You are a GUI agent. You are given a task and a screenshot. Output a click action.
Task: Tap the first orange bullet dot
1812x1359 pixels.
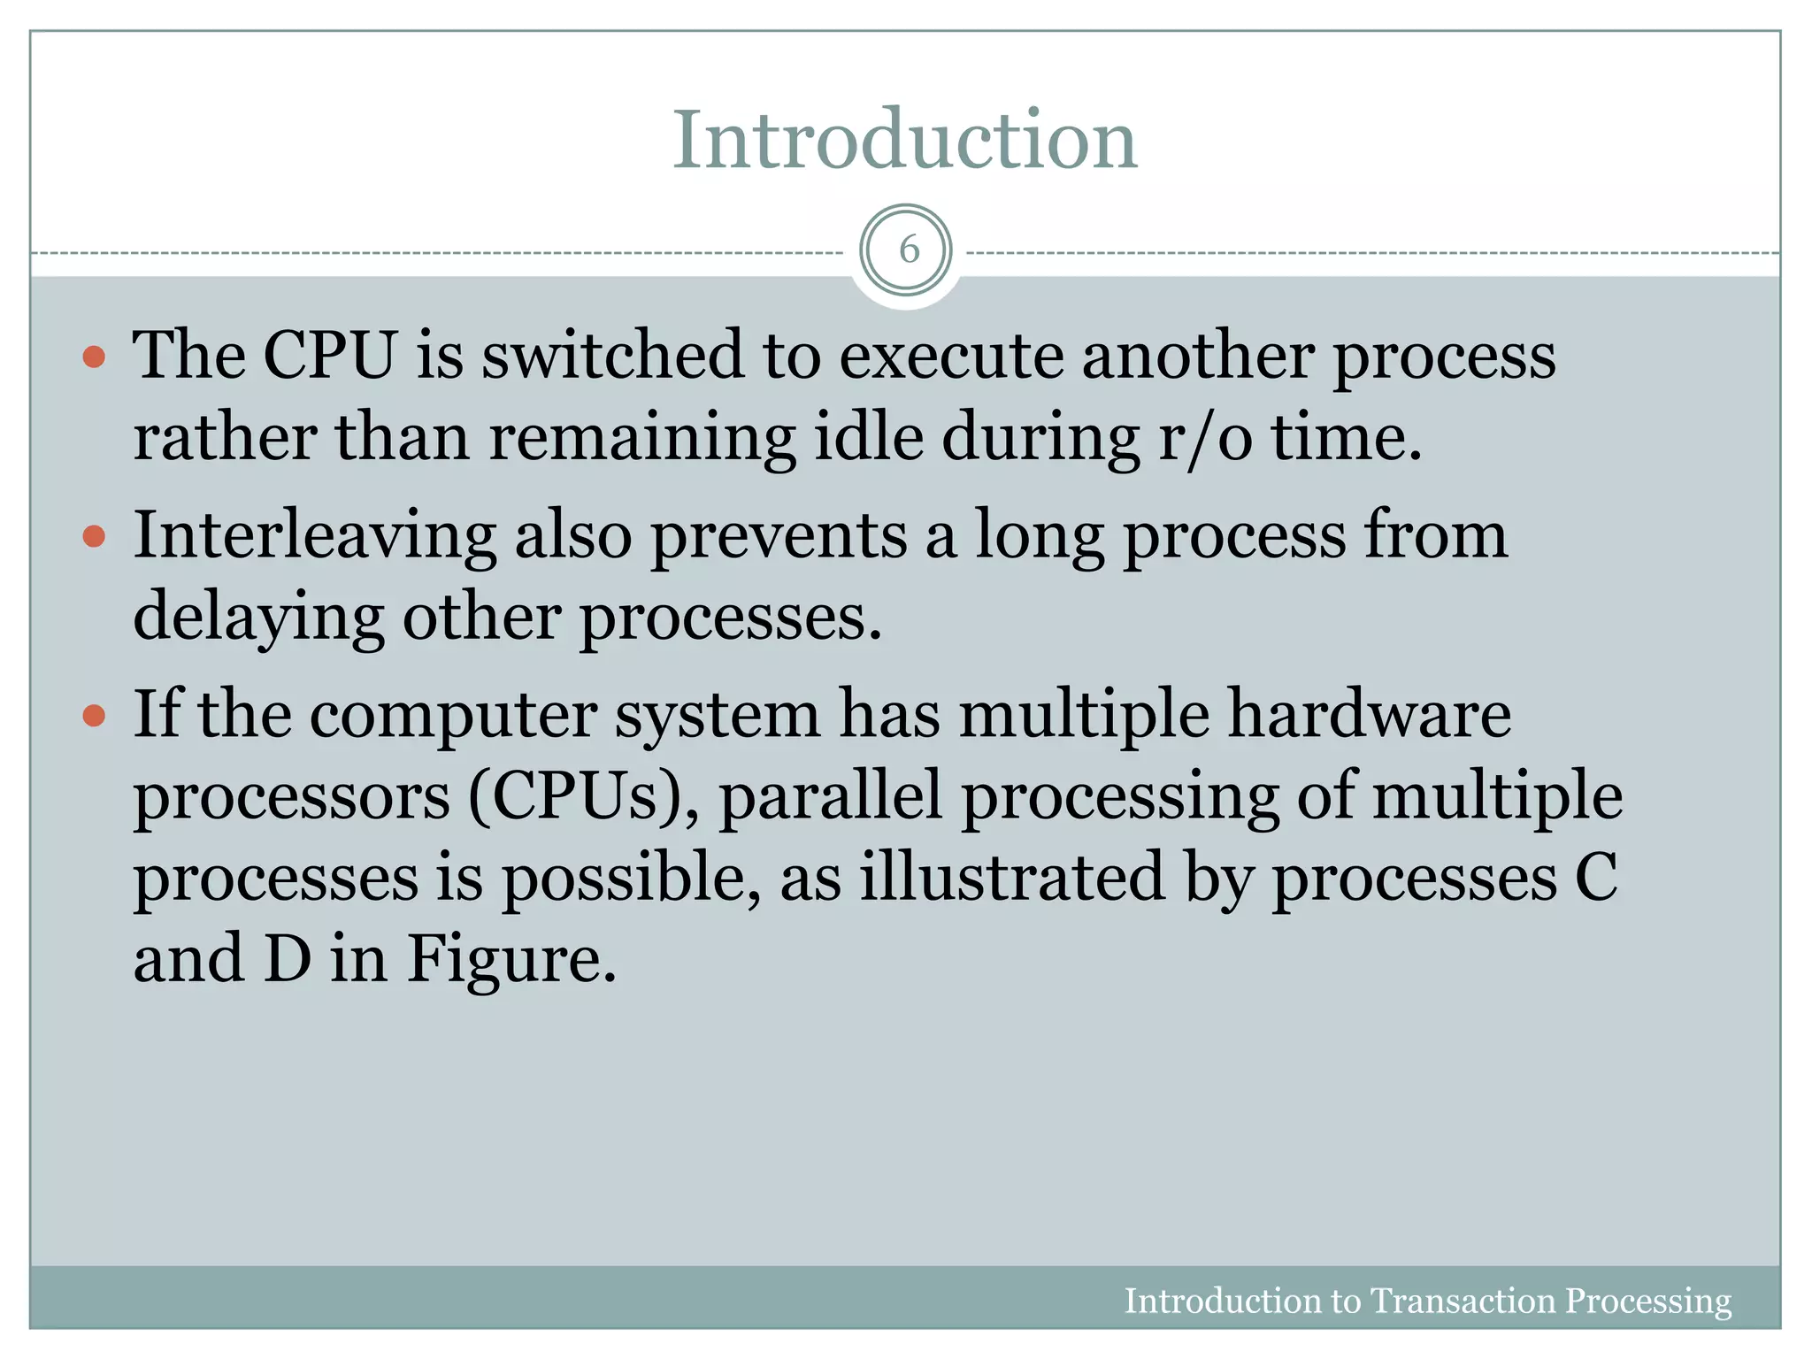pyautogui.click(x=94, y=357)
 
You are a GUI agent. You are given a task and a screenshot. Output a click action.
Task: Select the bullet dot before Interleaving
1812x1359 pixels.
pyautogui.click(x=94, y=536)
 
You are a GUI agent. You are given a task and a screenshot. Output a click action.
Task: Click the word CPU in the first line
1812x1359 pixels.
pyautogui.click(x=328, y=356)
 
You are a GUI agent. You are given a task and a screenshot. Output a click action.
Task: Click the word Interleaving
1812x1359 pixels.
pyautogui.click(x=314, y=536)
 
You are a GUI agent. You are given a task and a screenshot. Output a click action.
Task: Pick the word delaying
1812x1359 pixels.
pyautogui.click(x=257, y=618)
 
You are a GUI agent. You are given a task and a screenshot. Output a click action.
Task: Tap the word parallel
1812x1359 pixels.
pyautogui.click(x=831, y=796)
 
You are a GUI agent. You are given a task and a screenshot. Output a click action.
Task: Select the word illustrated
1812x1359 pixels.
pyautogui.click(x=1012, y=877)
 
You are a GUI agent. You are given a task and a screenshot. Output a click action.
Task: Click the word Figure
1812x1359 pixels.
pyautogui.click(x=511, y=959)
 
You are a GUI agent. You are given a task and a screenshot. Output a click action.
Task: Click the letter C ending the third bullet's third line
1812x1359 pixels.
pyautogui.click(x=1596, y=877)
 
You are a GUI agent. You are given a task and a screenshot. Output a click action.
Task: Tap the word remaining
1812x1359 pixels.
pyautogui.click(x=641, y=439)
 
